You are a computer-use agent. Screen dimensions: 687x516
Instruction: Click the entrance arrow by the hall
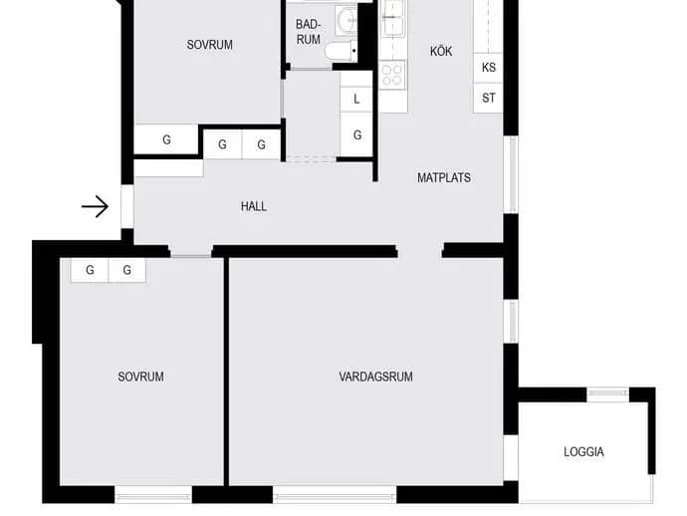[x=95, y=206]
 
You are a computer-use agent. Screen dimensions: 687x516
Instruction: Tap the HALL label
[x=254, y=206]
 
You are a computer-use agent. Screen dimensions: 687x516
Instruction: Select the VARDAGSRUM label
[x=375, y=377]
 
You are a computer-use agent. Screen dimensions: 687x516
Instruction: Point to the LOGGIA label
[x=583, y=451]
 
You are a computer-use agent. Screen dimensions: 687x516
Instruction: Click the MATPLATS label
[x=444, y=177]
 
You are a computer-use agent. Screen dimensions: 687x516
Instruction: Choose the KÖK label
[x=441, y=51]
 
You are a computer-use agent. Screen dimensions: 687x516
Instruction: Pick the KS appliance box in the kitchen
[x=488, y=68]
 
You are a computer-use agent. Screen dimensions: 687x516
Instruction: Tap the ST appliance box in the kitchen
[x=488, y=98]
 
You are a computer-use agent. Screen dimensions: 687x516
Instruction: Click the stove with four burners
[x=393, y=75]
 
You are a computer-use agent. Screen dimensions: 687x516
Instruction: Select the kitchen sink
[x=393, y=18]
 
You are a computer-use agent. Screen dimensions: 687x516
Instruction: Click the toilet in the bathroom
[x=341, y=51]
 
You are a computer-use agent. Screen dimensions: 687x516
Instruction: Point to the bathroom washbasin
[x=346, y=20]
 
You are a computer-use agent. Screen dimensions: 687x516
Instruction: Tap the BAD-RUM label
[x=308, y=32]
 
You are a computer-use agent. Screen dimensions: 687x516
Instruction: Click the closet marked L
[x=356, y=99]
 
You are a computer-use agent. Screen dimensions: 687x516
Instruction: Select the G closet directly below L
[x=356, y=134]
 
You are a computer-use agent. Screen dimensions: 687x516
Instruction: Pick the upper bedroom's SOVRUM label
[x=209, y=45]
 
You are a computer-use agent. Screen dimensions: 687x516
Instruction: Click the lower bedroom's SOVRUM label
[x=140, y=377]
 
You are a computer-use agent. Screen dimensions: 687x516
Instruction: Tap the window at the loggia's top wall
[x=607, y=393]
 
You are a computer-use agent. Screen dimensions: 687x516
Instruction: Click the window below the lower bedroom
[x=153, y=494]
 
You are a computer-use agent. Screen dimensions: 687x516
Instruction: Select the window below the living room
[x=335, y=494]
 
